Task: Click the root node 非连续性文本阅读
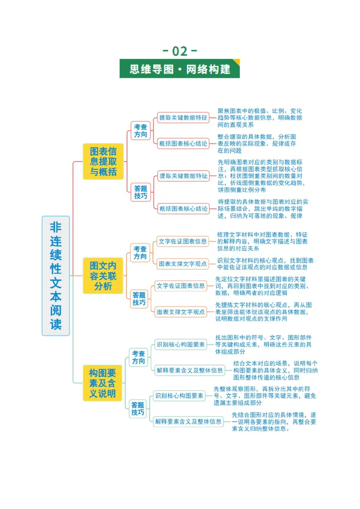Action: pos(55,276)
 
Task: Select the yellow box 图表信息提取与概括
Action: pos(103,161)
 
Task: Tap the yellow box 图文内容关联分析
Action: pos(103,276)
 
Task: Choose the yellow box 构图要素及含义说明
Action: pos(102,383)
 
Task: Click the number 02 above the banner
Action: pos(180,51)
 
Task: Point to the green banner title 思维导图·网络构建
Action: pos(180,69)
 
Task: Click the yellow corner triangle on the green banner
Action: pos(236,62)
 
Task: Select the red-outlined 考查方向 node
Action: pos(140,130)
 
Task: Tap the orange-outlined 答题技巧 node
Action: pos(139,299)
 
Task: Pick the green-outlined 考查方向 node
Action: pos(139,357)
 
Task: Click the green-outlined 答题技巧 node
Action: pos(138,408)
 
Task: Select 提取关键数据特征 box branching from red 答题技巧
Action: pos(183,176)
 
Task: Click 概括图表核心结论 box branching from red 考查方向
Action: pos(183,143)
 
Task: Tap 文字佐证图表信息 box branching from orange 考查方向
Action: pos(183,241)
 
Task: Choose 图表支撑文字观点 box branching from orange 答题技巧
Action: pos(180,312)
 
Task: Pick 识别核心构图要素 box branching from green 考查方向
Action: pos(180,344)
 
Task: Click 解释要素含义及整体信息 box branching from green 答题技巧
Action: pos(189,422)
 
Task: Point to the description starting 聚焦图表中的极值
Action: pos(260,118)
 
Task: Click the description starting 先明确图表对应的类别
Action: pos(261,176)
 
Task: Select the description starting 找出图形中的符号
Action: pos(264,344)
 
